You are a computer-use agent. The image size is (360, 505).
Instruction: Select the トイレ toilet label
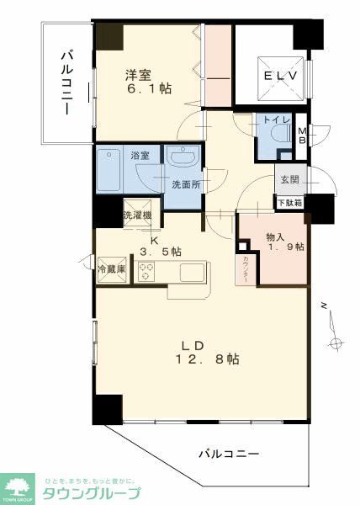[277, 121]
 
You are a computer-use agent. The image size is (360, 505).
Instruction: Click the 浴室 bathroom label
[140, 155]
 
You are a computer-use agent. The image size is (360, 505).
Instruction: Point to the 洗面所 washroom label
[183, 184]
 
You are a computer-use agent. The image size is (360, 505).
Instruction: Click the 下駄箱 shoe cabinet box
[289, 202]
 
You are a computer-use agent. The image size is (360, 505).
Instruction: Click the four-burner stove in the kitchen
[147, 272]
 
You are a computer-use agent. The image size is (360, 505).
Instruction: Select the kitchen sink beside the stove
[192, 273]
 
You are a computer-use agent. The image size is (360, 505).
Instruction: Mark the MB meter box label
[301, 135]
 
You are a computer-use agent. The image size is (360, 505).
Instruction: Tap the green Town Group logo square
[17, 487]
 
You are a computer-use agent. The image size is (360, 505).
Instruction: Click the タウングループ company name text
[92, 493]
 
